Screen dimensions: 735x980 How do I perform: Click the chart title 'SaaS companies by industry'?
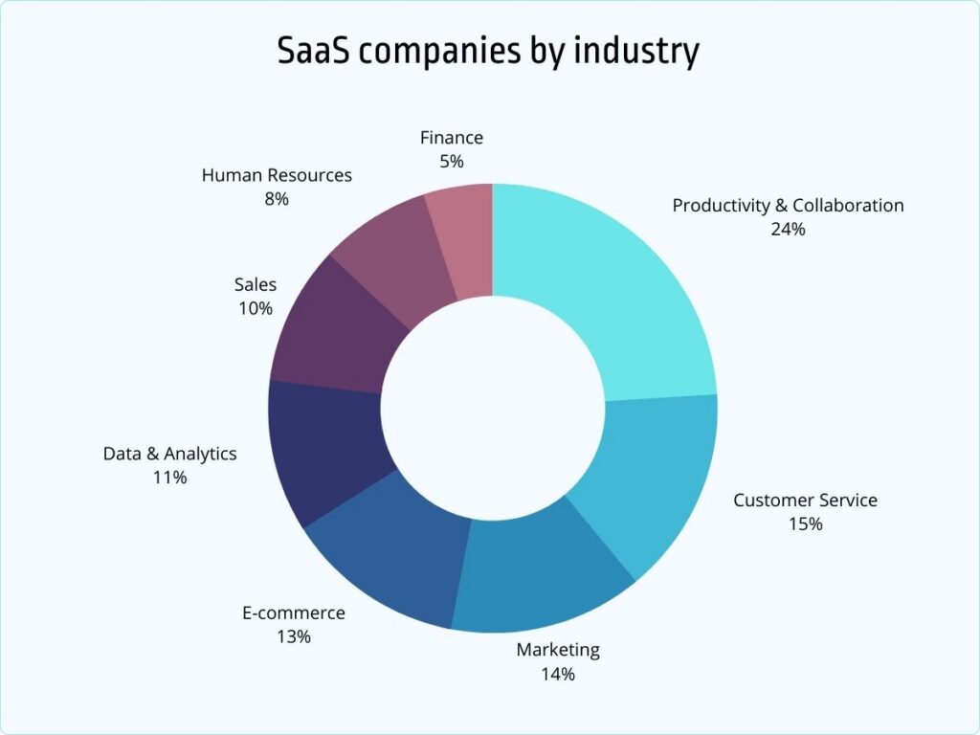coord(488,52)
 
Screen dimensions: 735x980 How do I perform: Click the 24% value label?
coord(788,230)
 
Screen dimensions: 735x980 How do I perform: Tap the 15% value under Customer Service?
coord(805,524)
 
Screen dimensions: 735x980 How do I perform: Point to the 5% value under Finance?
coord(452,162)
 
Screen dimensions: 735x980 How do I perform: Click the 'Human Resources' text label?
coord(277,175)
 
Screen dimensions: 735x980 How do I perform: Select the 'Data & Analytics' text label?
coord(169,454)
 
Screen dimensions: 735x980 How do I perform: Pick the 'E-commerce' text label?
coord(293,612)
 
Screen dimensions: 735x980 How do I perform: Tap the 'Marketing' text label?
coord(558,650)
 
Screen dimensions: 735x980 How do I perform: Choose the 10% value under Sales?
coord(256,308)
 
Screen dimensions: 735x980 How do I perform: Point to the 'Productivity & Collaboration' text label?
coord(788,205)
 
